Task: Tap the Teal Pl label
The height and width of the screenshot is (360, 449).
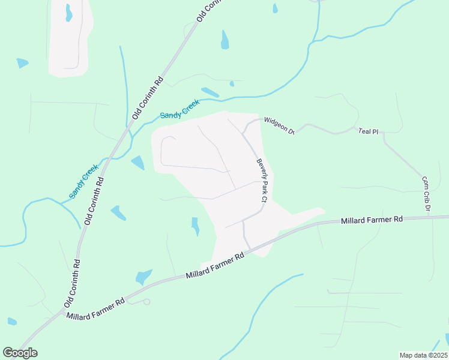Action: [367, 131]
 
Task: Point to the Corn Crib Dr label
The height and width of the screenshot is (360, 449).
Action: [426, 194]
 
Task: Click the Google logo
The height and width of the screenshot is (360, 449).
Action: [20, 353]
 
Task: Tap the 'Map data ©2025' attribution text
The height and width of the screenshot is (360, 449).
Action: [423, 355]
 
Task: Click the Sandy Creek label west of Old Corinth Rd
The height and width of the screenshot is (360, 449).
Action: [83, 182]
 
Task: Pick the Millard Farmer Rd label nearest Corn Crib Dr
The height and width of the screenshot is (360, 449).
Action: [372, 220]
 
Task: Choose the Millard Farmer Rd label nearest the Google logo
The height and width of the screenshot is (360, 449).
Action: [95, 307]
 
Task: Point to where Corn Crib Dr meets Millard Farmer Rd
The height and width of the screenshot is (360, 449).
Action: [432, 217]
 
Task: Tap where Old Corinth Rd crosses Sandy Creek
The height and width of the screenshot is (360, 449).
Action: [127, 129]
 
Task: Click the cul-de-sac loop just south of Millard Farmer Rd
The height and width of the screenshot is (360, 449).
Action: [146, 301]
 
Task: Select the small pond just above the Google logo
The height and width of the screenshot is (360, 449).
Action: [12, 321]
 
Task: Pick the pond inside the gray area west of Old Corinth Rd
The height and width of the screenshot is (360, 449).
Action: [69, 12]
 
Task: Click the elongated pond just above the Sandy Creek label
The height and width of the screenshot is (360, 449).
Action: [210, 92]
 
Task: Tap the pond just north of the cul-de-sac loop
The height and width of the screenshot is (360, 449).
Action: [143, 277]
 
